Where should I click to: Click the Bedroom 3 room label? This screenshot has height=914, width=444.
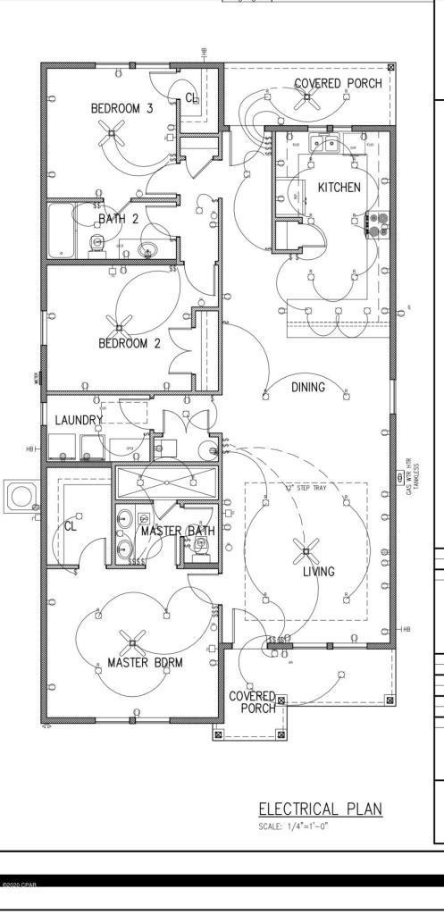point(121,108)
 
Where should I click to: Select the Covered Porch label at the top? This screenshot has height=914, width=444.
point(338,83)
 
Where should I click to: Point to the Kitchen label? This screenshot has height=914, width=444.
point(339,188)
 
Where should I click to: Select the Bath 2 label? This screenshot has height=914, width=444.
point(118,219)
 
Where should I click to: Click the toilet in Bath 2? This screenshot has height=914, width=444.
point(96,243)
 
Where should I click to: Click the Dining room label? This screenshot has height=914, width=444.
point(308,388)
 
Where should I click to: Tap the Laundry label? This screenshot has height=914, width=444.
point(79,419)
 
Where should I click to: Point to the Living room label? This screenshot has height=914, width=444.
point(318,572)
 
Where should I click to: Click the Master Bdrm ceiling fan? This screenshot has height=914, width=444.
point(134,641)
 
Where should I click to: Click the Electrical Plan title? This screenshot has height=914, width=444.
point(320,809)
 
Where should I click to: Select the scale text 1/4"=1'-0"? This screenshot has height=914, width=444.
point(294,826)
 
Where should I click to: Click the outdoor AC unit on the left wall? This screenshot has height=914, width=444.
point(18,494)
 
